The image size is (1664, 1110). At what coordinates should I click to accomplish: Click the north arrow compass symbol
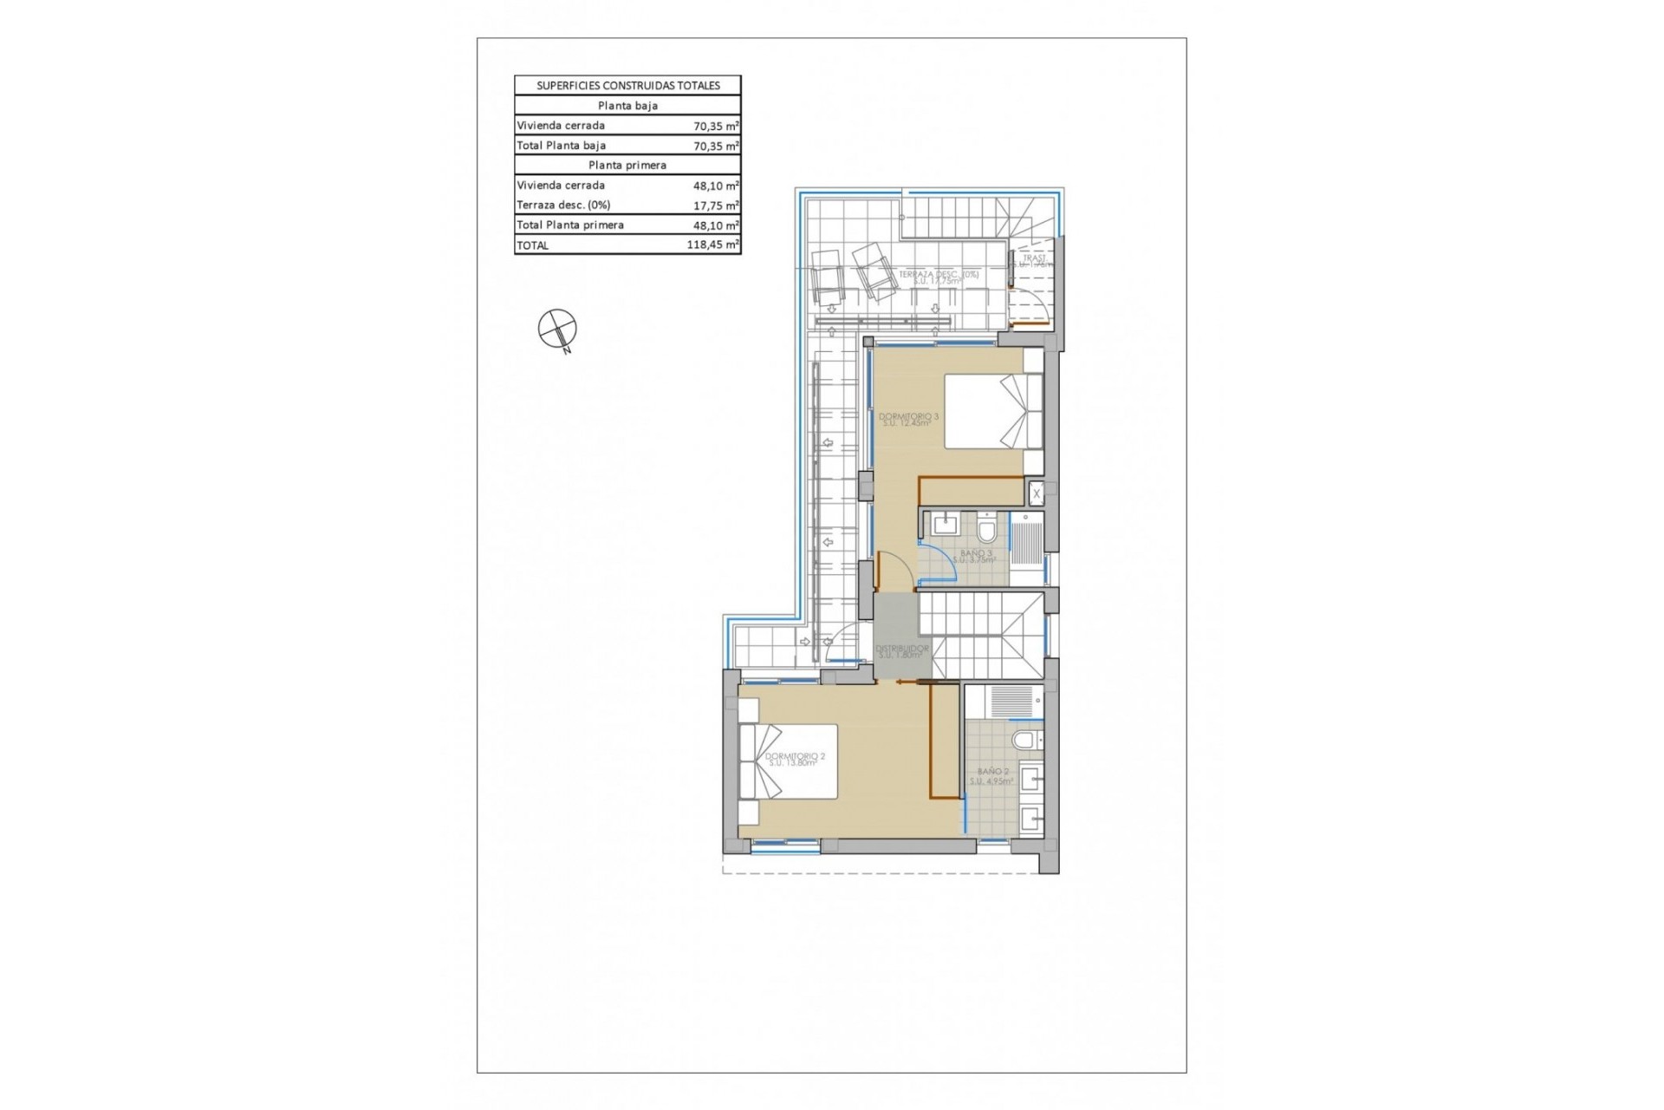click(x=556, y=329)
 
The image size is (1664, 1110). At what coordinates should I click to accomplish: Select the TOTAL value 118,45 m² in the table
click(x=712, y=245)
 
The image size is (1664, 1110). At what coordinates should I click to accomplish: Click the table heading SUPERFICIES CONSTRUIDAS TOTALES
click(x=627, y=86)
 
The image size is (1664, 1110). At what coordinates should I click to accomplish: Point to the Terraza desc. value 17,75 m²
click(x=715, y=206)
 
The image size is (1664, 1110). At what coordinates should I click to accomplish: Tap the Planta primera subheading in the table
click(x=627, y=165)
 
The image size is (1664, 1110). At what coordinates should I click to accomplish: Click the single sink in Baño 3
click(x=943, y=525)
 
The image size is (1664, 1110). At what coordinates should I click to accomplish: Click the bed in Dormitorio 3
click(x=992, y=411)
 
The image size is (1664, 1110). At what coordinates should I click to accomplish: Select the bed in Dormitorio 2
click(x=788, y=761)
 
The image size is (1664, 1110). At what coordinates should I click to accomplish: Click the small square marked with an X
click(x=1036, y=494)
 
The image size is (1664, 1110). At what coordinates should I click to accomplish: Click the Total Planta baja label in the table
click(x=561, y=146)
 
